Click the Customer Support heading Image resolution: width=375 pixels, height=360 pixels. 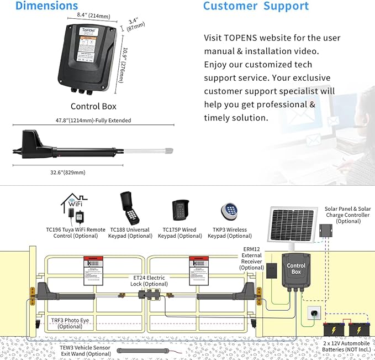[x=256, y=7]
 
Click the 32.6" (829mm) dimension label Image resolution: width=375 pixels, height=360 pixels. [x=65, y=172]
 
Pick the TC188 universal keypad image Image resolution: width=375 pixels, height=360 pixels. [x=130, y=208]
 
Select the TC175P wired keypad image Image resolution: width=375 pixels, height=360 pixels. [x=181, y=211]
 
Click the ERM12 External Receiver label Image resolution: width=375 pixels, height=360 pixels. [x=252, y=258]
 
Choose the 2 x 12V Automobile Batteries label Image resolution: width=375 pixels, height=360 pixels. [x=346, y=348]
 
